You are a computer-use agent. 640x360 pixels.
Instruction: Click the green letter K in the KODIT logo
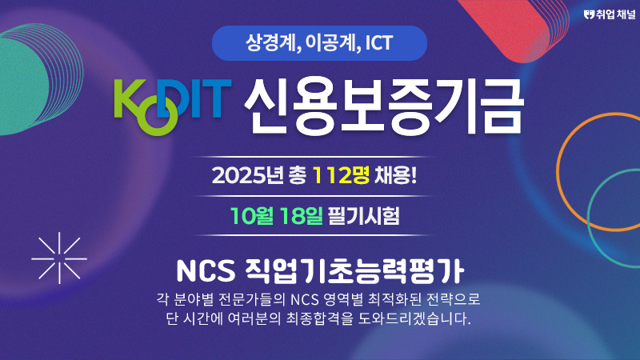point(130,98)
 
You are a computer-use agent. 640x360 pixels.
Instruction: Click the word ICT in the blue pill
point(378,43)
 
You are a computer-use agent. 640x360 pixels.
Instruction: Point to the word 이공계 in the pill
point(331,42)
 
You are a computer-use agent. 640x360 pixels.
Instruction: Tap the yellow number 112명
point(341,175)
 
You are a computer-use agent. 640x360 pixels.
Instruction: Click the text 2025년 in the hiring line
point(248,176)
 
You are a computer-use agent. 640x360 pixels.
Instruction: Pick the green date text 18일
point(301,216)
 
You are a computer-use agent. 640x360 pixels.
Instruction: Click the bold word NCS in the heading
point(206,271)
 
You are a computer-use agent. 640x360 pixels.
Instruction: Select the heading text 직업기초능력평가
point(354,271)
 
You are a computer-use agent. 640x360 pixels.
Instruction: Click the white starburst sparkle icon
point(59,258)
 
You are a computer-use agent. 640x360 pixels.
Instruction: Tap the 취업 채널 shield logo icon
point(589,15)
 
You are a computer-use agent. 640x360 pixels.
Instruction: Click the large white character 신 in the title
point(267,106)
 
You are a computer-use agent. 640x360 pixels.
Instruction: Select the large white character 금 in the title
point(500,106)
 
